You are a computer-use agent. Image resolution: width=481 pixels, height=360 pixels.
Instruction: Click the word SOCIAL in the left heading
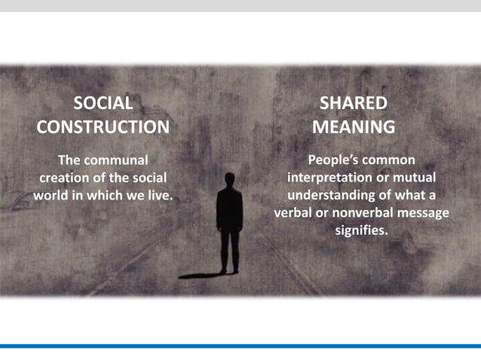[103, 103]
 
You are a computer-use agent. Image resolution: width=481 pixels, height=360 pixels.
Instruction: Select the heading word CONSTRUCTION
[103, 127]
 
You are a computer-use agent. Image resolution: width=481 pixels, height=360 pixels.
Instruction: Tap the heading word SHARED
[354, 103]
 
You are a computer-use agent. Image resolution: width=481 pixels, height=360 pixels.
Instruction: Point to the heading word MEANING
[354, 127]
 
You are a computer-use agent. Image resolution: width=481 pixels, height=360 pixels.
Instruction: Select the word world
[50, 195]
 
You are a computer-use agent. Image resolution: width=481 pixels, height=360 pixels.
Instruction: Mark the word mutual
[415, 178]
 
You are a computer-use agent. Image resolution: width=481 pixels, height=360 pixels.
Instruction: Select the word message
[424, 213]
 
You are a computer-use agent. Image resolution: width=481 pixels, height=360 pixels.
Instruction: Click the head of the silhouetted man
[228, 179]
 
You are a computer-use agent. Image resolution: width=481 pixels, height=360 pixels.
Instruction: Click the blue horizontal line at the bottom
[240, 346]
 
